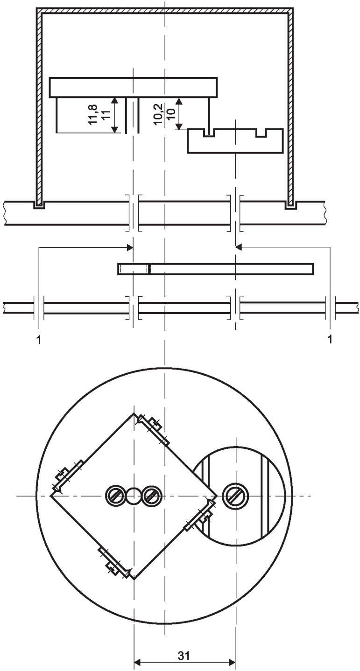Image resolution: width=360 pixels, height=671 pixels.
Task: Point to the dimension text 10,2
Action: click(159, 114)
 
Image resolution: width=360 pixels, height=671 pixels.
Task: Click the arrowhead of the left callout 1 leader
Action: click(130, 247)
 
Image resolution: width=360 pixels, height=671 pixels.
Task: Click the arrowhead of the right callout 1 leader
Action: click(239, 247)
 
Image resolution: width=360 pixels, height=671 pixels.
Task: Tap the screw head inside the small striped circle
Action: click(235, 496)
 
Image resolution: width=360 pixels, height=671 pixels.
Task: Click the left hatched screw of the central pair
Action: click(116, 496)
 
